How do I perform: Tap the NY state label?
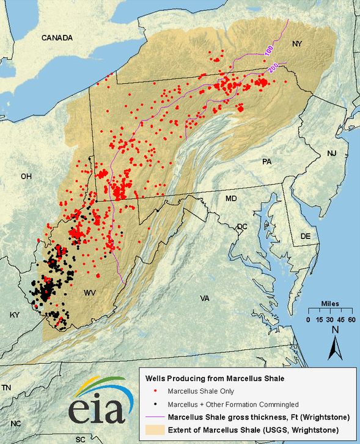point(297,43)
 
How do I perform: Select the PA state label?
point(266,161)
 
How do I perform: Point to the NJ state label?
point(332,153)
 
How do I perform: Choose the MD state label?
point(231,199)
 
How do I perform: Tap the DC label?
point(242,226)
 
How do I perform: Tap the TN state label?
point(7,388)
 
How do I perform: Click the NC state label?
point(15,423)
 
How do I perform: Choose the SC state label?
point(80,439)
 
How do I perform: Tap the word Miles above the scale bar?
point(331,304)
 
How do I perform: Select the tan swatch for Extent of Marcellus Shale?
point(153,429)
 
